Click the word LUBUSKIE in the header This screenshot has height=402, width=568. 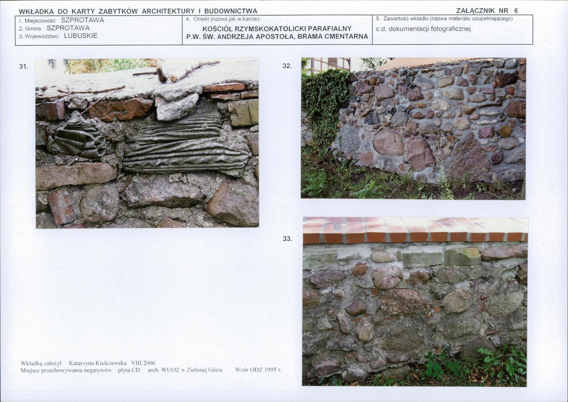[81, 36]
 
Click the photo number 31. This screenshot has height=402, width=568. [24, 66]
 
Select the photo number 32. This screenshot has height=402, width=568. [287, 66]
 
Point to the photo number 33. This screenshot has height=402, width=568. [287, 239]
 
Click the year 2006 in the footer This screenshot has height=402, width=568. [149, 363]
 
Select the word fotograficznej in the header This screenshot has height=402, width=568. [452, 29]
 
